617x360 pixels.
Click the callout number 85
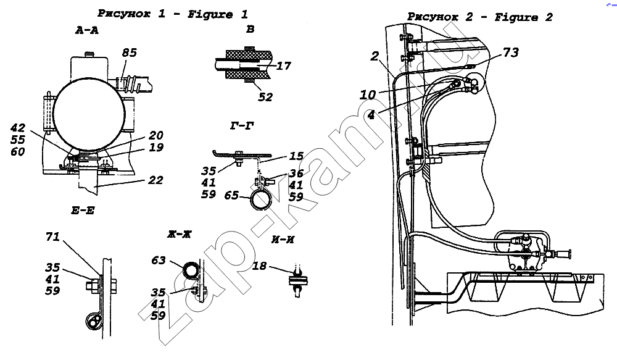pos(129,52)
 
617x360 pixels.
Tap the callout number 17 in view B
pos(284,65)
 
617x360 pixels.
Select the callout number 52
pos(266,97)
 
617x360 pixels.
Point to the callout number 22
pos(155,180)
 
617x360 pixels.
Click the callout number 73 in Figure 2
pos(511,53)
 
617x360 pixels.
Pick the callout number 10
pos(368,94)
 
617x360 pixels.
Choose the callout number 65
pos(232,195)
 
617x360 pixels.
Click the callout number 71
pos(54,237)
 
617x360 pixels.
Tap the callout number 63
pos(159,260)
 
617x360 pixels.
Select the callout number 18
pos(260,266)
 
